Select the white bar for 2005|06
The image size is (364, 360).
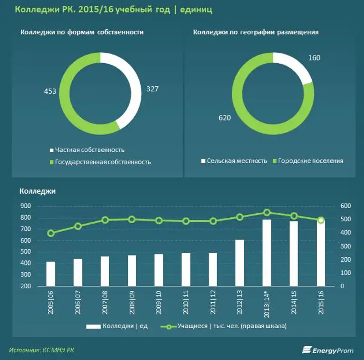pos(51,274)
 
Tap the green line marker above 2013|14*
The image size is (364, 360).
pos(267,212)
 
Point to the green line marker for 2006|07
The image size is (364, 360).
pos(78,226)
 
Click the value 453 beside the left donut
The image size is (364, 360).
pos(50,91)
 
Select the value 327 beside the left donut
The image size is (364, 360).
pos(152,89)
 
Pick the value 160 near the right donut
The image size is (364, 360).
pos(314,58)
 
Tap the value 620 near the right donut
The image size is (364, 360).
pos(225,118)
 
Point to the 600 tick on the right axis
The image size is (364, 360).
pos(346,206)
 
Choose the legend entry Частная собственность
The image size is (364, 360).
pos(89,150)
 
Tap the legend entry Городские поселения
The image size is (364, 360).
pos(310,161)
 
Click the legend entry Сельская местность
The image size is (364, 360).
pos(237,161)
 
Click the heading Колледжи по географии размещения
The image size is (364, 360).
pos(255,32)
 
